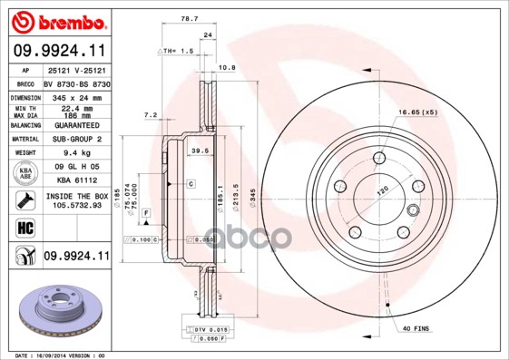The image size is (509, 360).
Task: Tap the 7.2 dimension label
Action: (x=151, y=115)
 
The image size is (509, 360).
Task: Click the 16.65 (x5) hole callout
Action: (x=416, y=112)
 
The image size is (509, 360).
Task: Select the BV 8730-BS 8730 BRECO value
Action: (x=77, y=83)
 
